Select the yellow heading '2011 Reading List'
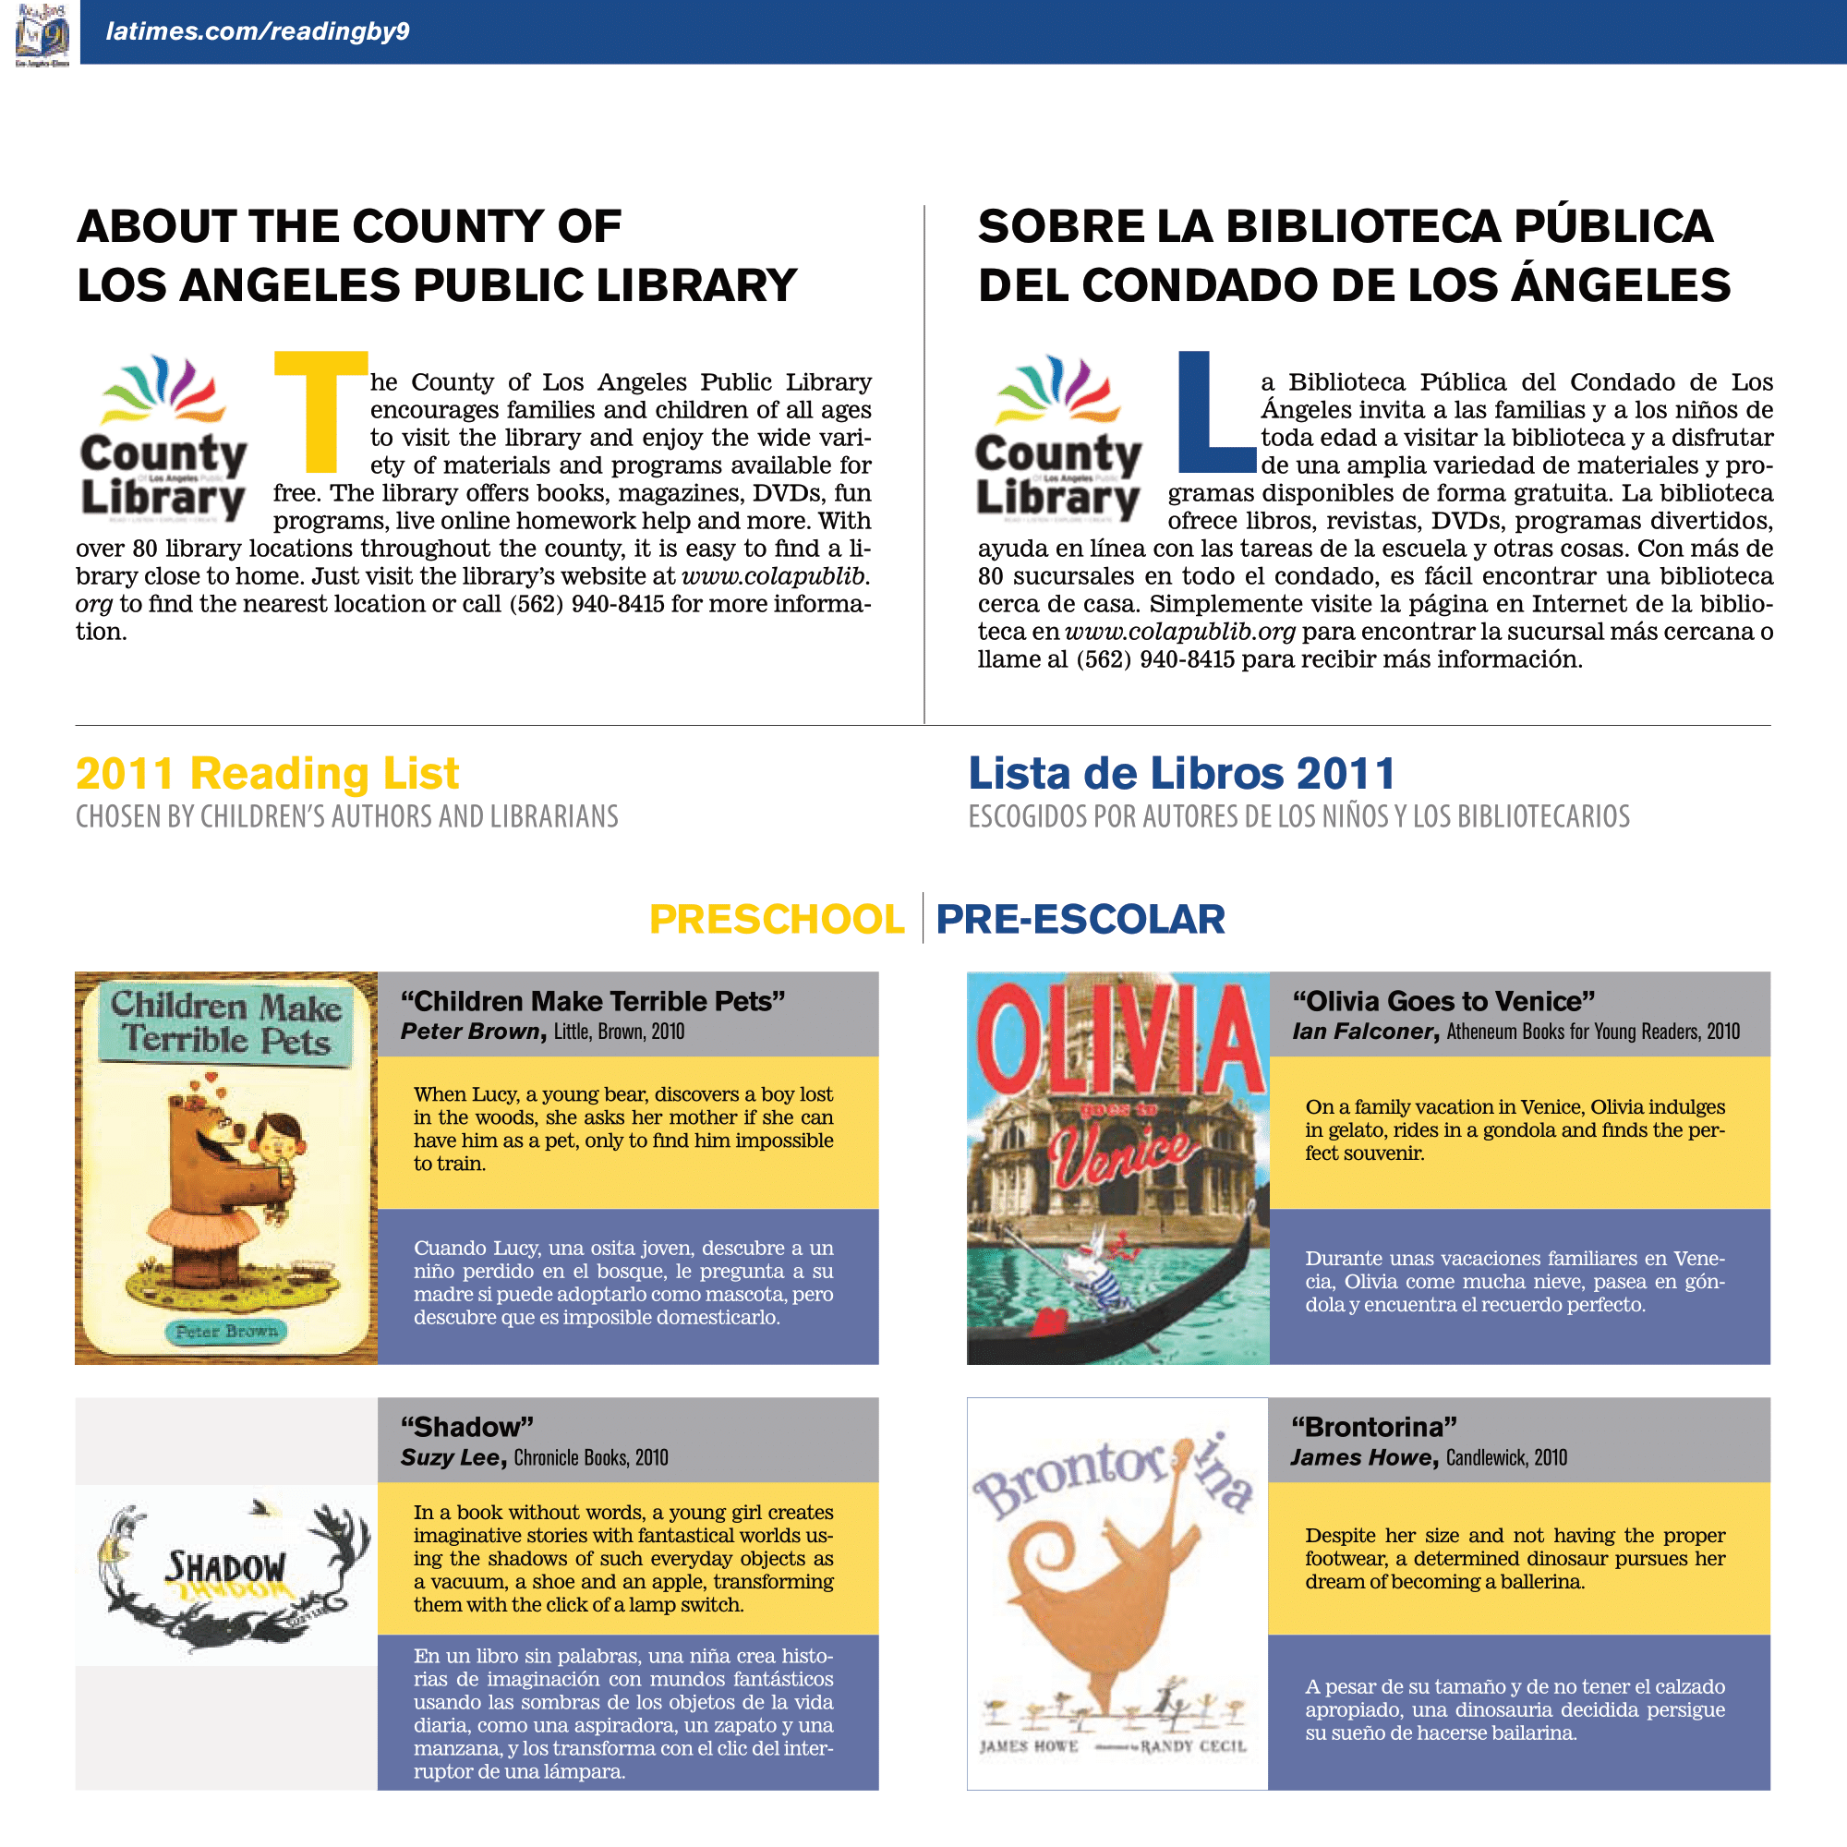pyautogui.click(x=267, y=773)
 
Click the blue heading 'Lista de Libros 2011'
pyautogui.click(x=1182, y=773)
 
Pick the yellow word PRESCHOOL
pyautogui.click(x=777, y=919)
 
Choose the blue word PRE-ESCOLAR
pyautogui.click(x=1080, y=919)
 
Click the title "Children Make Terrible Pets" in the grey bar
pyautogui.click(x=593, y=1001)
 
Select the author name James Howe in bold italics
pyautogui.click(x=1361, y=1457)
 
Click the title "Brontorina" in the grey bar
pyautogui.click(x=1374, y=1427)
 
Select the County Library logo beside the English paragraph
pyautogui.click(x=163, y=440)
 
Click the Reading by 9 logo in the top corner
pyautogui.click(x=42, y=32)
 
